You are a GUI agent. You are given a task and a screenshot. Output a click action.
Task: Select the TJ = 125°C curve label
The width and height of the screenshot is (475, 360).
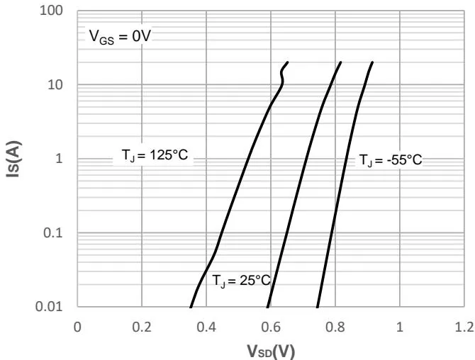152,156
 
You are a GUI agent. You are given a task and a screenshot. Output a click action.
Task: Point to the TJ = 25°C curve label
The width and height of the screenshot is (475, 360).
241,281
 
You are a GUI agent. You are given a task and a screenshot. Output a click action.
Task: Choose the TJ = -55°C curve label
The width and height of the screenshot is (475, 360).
390,160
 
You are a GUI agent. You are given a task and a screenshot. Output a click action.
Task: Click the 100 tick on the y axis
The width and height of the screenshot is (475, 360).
54,11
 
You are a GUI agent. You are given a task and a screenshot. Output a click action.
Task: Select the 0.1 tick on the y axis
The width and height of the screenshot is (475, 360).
56,233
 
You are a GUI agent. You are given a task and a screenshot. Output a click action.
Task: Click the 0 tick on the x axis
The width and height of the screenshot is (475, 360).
77,327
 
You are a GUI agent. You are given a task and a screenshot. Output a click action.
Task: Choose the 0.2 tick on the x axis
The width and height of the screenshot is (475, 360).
142,327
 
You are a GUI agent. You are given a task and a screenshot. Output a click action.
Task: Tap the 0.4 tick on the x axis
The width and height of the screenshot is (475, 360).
206,327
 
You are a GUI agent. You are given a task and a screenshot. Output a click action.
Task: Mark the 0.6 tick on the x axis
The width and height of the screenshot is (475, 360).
271,327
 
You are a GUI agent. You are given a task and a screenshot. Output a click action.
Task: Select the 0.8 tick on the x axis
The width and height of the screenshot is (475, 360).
335,327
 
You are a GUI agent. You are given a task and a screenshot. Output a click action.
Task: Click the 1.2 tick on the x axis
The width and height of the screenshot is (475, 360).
464,327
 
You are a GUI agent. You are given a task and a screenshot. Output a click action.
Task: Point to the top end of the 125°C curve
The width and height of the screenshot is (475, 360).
287,62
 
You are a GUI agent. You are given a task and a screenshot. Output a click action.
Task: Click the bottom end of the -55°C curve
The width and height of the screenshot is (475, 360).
316,306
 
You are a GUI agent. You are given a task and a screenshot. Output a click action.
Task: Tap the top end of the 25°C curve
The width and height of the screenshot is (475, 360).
341,62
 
